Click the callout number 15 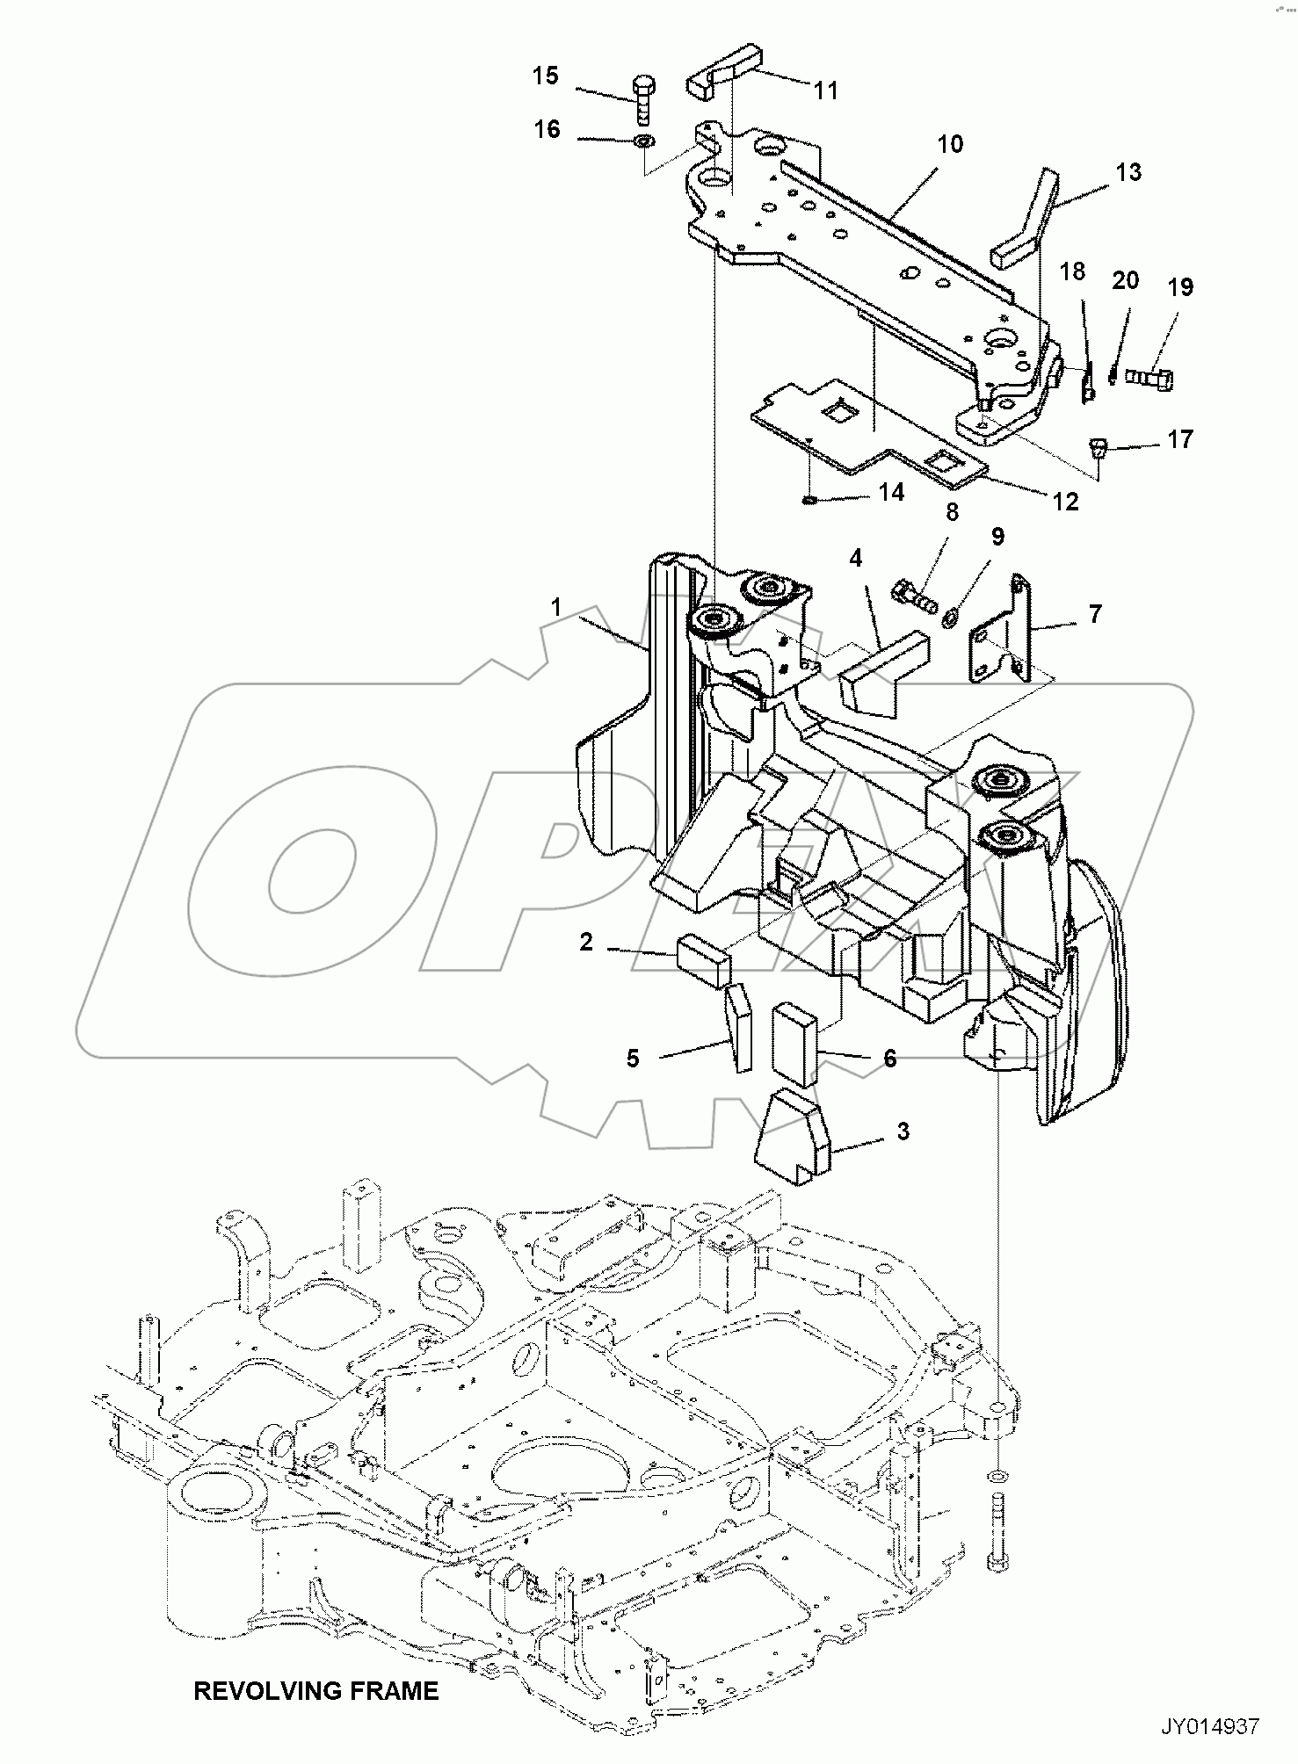click(545, 76)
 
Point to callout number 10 click(950, 144)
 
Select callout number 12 click(1065, 502)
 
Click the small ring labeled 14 click(809, 500)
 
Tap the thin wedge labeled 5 click(738, 1026)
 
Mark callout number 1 click(555, 608)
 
